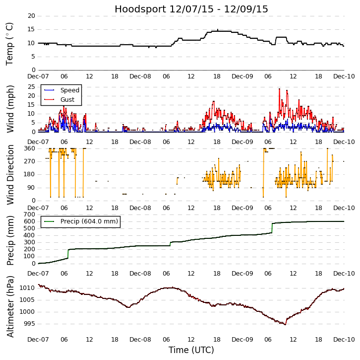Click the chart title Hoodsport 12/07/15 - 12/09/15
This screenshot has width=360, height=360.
tap(191, 9)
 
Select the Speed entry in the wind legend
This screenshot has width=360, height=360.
tap(69, 90)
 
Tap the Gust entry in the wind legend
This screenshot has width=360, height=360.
tap(67, 100)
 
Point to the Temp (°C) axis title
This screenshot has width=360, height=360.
tap(10, 43)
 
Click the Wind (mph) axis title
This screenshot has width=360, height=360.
tap(10, 108)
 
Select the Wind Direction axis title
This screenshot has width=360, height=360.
tap(10, 174)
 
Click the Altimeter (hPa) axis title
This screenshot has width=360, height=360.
tap(10, 306)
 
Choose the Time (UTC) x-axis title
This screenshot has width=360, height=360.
tap(191, 350)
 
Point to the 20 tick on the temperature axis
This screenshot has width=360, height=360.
tap(31, 16)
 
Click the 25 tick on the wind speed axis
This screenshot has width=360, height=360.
tap(31, 87)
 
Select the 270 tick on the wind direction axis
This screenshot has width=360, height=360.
tap(29, 161)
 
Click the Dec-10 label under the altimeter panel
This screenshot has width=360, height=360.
tap(344, 340)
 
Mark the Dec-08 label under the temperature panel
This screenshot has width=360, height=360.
tap(140, 76)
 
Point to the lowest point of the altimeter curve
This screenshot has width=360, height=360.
tap(285, 324)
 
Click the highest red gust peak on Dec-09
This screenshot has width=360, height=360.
tap(279, 89)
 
